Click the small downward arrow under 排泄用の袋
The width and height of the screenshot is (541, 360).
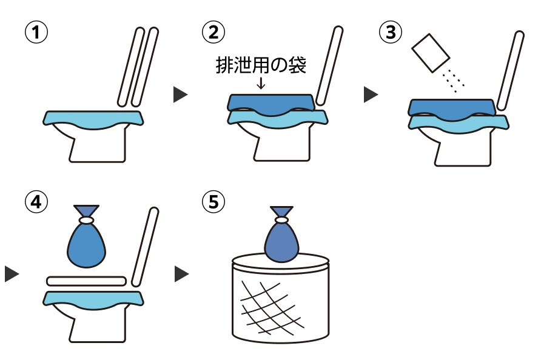(261, 84)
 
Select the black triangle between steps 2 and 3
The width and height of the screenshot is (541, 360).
(370, 95)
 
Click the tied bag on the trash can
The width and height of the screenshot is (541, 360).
(281, 239)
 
